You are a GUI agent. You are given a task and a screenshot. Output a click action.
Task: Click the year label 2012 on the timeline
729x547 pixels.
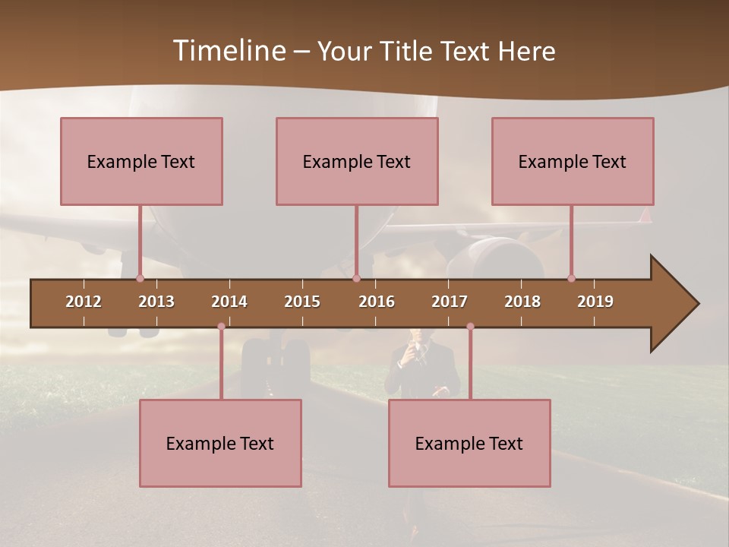pos(84,302)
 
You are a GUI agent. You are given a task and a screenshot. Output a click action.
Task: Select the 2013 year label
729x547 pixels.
pos(156,302)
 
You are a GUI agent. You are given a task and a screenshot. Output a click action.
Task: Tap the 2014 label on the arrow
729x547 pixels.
pos(229,302)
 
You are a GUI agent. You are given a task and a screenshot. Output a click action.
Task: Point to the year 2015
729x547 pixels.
pos(302,302)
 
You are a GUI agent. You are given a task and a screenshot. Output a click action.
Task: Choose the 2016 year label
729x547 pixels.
pos(377,302)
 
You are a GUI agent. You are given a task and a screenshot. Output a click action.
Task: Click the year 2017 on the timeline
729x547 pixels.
pos(450,302)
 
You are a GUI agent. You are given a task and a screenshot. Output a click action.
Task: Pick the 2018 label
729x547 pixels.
pos(522,302)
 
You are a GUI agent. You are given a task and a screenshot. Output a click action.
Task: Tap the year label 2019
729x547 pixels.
pos(595,302)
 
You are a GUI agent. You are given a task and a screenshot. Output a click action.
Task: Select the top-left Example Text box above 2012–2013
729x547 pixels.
pos(141,161)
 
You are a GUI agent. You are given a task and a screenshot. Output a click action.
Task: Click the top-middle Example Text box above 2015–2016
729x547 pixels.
pos(357,161)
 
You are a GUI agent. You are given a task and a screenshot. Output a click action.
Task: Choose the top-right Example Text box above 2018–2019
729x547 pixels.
pos(573,161)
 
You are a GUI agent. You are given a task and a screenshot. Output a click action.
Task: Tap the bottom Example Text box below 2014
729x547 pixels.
pos(220,443)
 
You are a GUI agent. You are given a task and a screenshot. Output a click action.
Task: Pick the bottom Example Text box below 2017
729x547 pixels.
pos(469,443)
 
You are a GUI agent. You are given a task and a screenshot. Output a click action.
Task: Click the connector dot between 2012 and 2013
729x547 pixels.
pos(140,278)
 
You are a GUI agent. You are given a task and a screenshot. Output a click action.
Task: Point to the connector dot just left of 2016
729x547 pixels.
pos(356,278)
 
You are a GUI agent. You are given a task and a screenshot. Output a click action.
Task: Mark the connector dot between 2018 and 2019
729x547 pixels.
pos(571,278)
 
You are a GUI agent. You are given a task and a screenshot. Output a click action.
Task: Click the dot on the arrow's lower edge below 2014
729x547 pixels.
pos(221,327)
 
